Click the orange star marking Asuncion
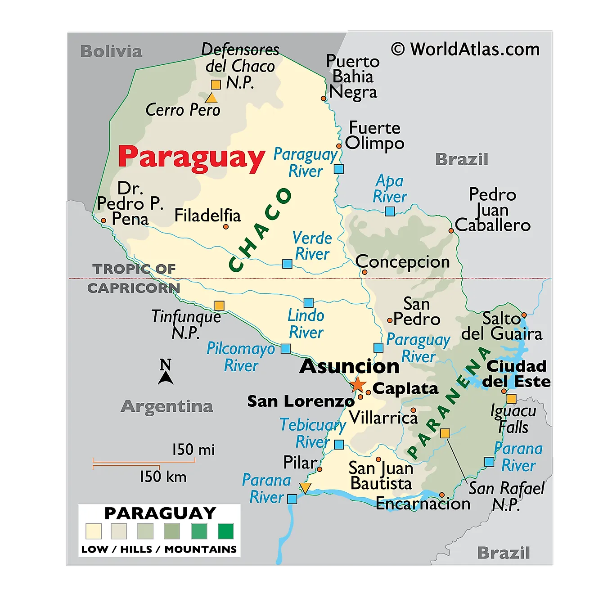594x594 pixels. point(358,385)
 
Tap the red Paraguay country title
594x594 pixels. point(191,157)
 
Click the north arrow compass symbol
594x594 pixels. point(166,372)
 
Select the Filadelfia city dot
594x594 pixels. point(226,227)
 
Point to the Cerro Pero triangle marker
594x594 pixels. point(211,99)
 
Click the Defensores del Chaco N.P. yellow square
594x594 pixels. point(216,85)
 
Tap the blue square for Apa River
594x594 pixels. point(390,211)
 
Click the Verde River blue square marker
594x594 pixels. point(287,264)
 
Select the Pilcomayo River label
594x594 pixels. point(241,357)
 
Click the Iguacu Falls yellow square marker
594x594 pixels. point(511,399)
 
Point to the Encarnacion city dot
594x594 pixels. point(442,495)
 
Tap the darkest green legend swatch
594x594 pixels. point(225,531)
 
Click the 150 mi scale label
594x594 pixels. point(193,450)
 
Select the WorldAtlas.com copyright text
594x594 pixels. point(465,49)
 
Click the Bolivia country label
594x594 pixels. point(111,51)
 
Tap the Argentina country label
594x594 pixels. point(166,406)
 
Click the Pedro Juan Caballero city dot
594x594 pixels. point(451,231)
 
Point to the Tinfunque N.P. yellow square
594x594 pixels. point(219,306)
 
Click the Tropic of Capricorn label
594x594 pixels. point(134,279)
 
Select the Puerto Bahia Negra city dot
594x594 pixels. point(323,98)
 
